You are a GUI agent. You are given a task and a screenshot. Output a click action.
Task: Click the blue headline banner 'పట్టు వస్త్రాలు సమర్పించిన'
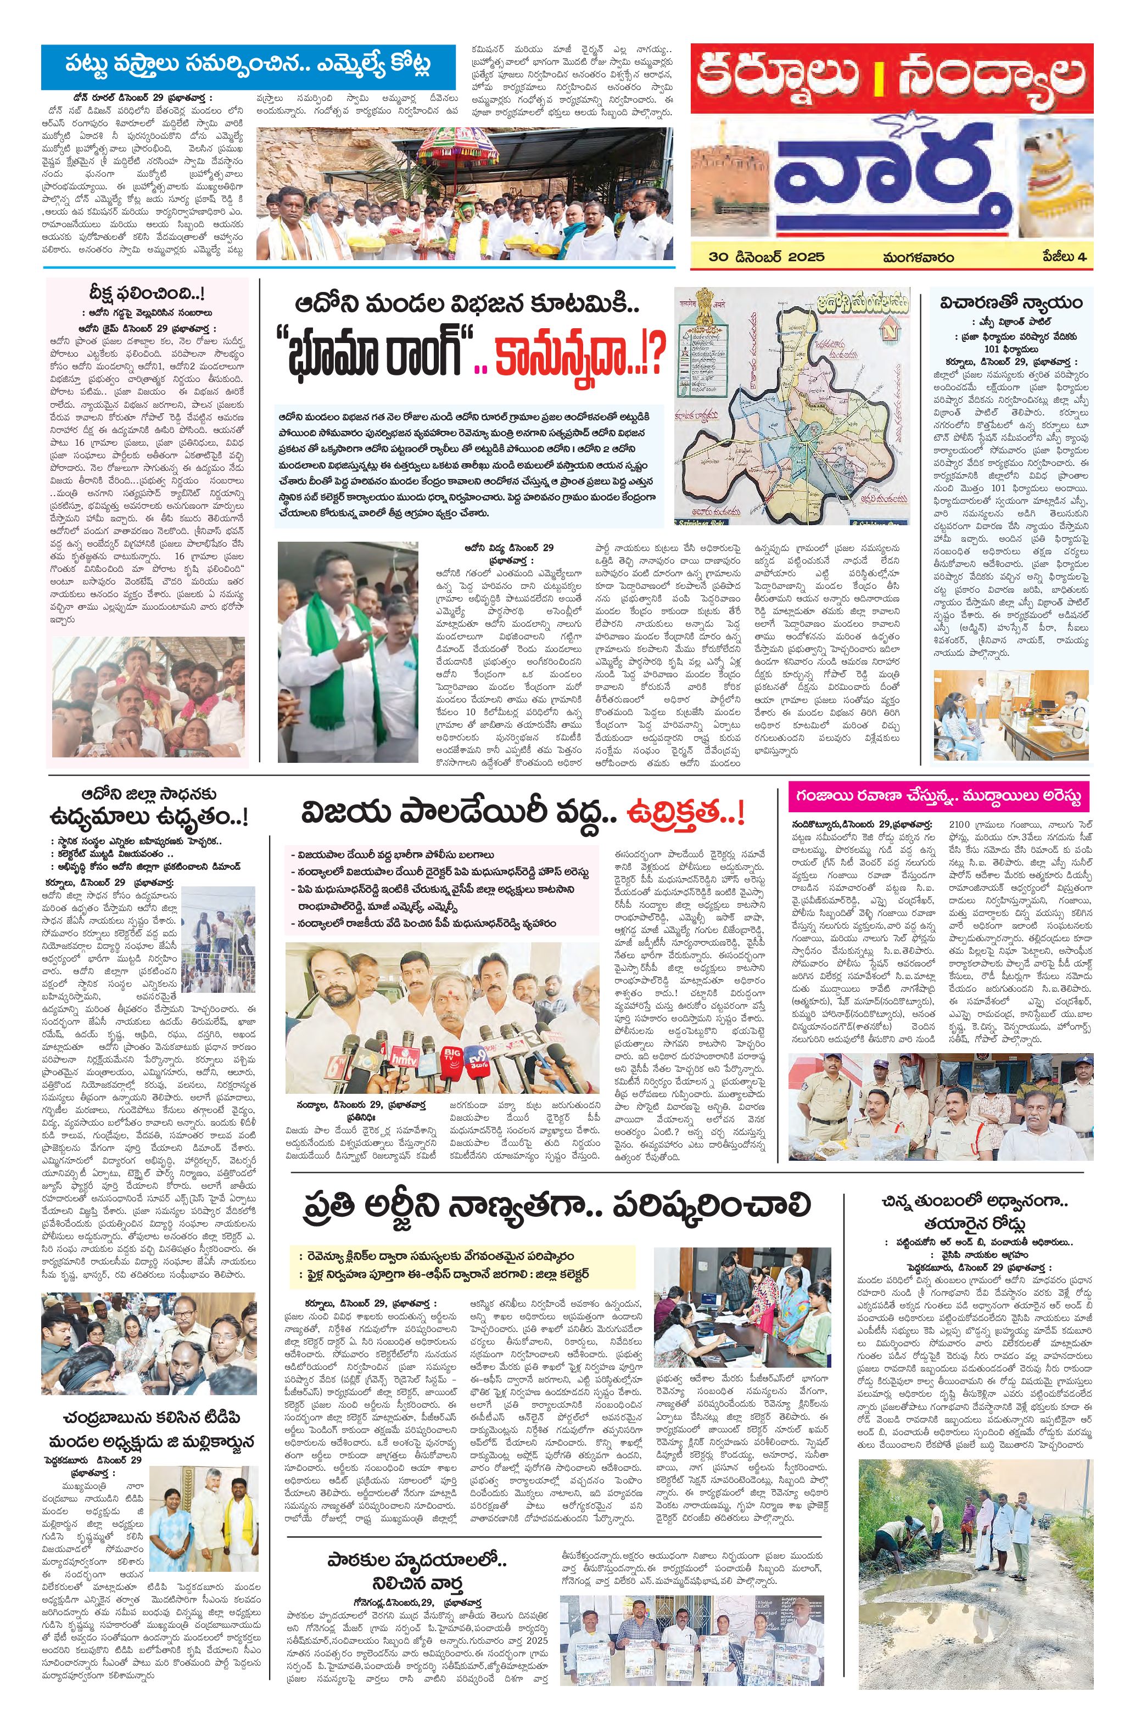(x=247, y=64)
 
